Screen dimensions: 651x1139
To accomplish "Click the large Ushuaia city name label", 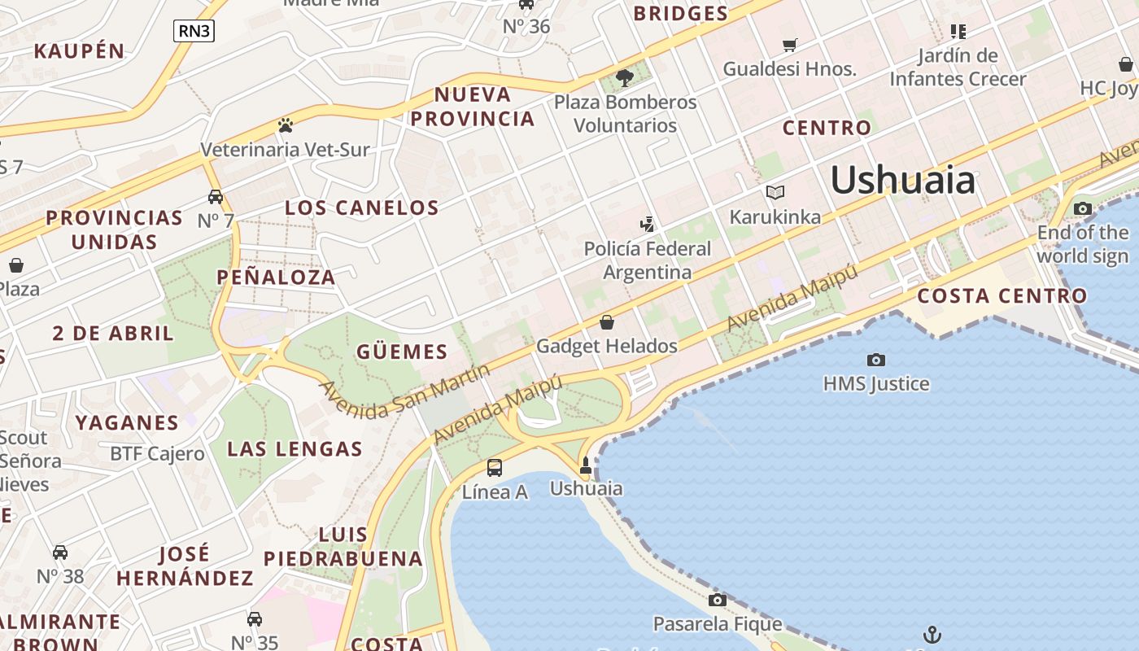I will (x=902, y=180).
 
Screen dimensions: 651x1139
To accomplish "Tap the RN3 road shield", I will (x=194, y=31).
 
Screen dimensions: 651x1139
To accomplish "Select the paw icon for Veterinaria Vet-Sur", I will (x=286, y=125).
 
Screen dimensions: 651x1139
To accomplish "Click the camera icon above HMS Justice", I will (x=876, y=360).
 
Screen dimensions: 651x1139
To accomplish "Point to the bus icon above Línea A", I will (x=495, y=468).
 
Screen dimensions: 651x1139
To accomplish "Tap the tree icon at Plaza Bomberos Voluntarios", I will (x=625, y=78).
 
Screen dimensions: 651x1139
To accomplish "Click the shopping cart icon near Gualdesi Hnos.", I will (x=789, y=45).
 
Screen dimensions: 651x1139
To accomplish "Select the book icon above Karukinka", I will (x=775, y=193).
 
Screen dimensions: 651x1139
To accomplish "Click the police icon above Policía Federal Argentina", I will (x=648, y=224).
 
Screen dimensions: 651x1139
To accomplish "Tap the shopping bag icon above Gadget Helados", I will (x=606, y=322).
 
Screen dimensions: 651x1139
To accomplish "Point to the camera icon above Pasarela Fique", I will (x=717, y=601).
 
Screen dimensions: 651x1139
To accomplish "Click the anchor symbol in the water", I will (x=932, y=634).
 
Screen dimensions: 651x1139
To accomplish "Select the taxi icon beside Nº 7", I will (x=216, y=197).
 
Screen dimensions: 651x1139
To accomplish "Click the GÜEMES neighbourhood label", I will (x=402, y=352).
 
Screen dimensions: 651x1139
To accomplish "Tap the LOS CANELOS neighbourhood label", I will (x=362, y=208).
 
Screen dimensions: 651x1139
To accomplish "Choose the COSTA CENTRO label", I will (x=1002, y=296).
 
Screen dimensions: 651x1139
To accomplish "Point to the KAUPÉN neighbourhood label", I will (x=80, y=51).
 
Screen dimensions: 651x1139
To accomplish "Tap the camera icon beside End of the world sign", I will (x=1082, y=209).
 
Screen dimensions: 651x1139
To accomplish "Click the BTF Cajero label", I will (x=157, y=454).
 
